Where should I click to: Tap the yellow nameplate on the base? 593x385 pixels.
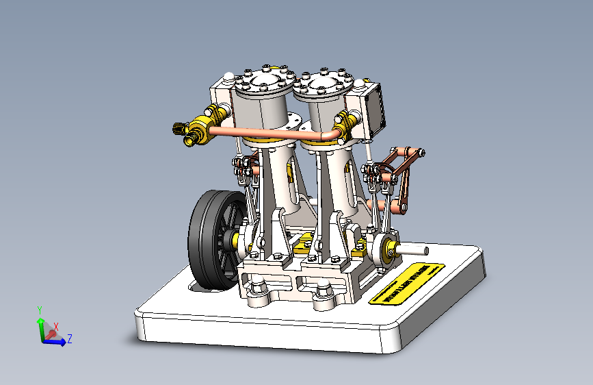pyautogui.click(x=406, y=283)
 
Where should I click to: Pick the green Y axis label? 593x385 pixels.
pyautogui.click(x=40, y=310)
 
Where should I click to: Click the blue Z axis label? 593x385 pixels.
pyautogui.click(x=70, y=338)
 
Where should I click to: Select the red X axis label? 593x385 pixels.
pyautogui.click(x=55, y=327)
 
